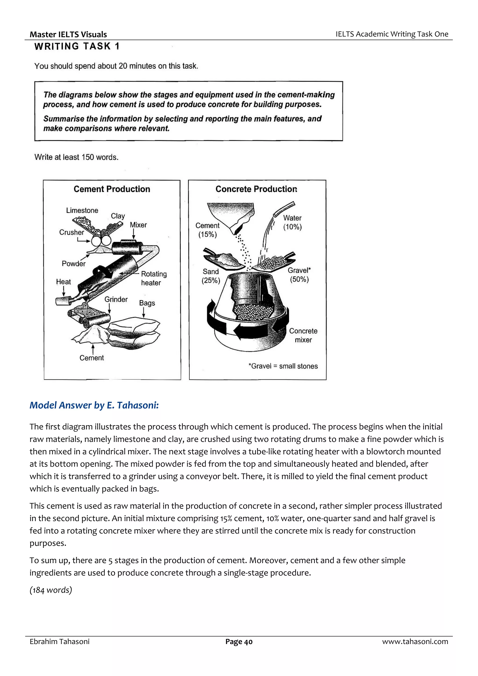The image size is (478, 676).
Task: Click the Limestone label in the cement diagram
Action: [x=82, y=210]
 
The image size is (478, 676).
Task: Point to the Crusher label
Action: [x=72, y=232]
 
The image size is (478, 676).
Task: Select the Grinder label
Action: [x=116, y=299]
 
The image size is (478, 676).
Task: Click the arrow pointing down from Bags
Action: [x=144, y=313]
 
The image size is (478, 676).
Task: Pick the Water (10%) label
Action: [x=292, y=222]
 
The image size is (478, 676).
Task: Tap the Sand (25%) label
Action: [x=211, y=276]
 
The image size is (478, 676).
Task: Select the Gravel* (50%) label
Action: [x=299, y=275]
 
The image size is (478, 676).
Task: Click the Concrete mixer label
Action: [x=303, y=335]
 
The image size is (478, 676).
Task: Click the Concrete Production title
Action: [x=256, y=189]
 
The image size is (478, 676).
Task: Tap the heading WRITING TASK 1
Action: [x=77, y=46]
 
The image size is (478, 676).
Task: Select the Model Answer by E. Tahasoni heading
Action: [x=94, y=405]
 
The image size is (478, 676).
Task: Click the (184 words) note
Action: [x=51, y=590]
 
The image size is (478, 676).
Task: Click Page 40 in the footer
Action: [x=239, y=641]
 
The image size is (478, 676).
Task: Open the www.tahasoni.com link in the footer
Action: [x=415, y=641]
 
